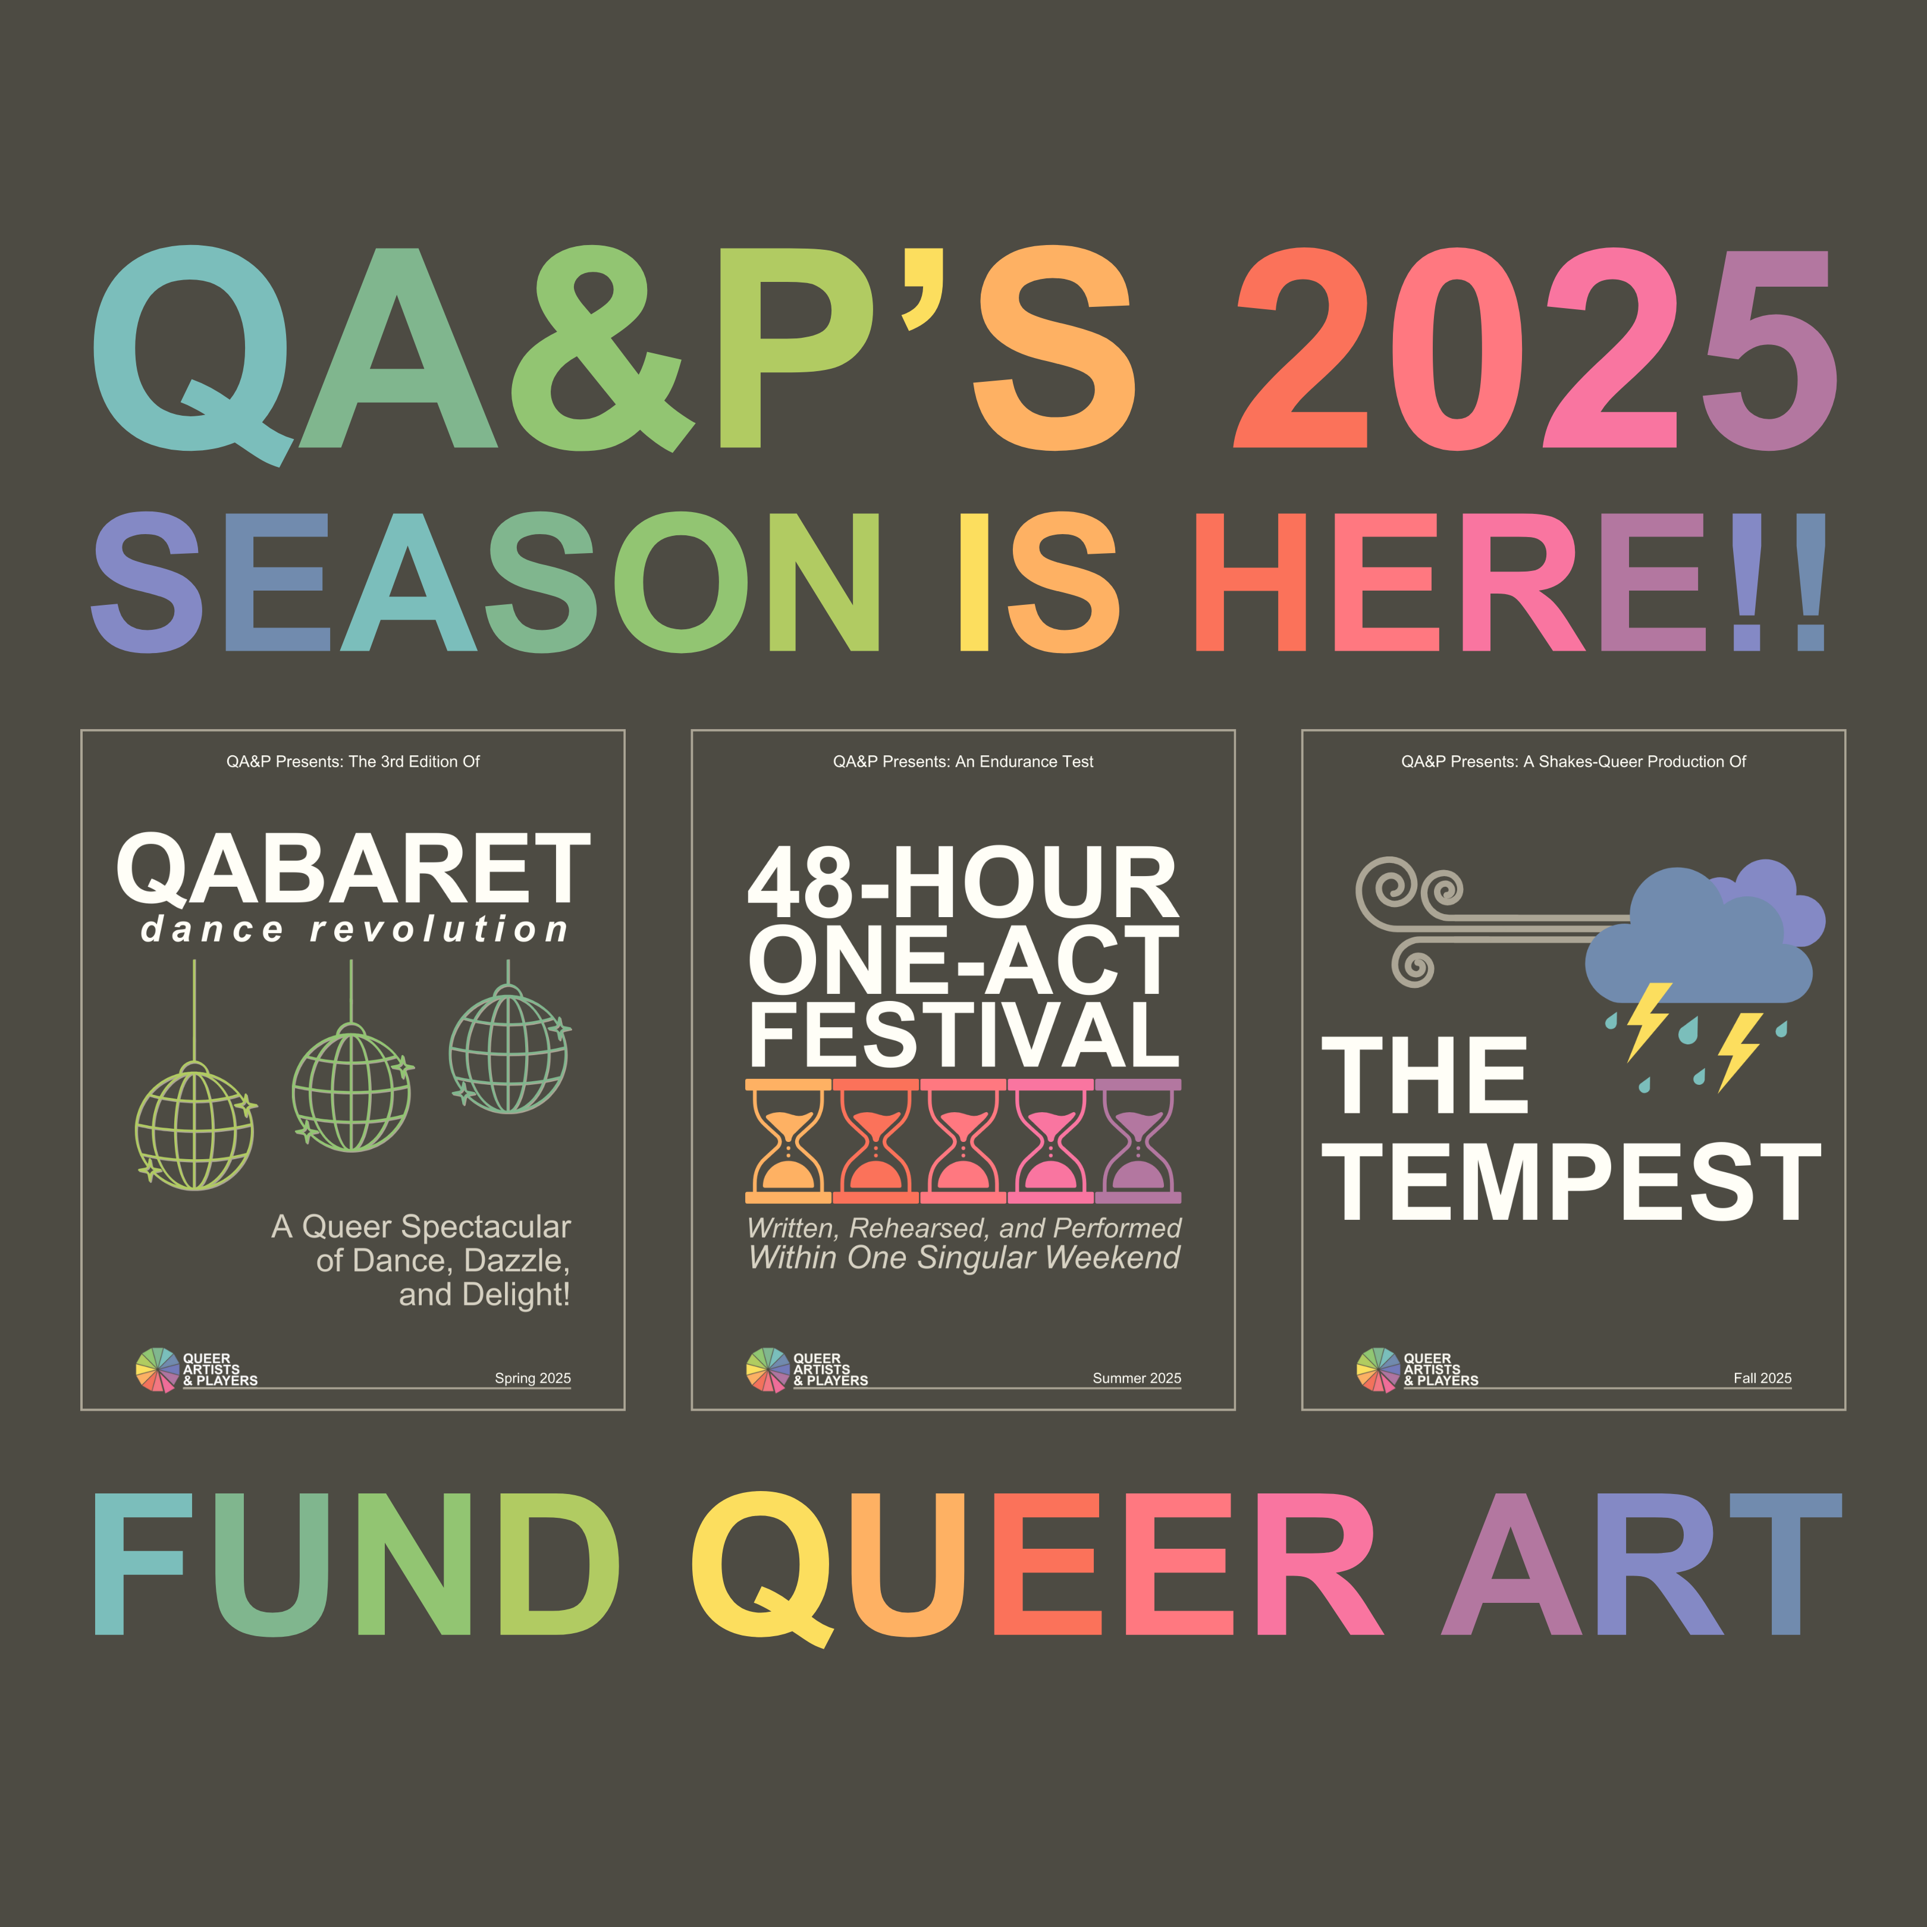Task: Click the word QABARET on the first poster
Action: (353, 868)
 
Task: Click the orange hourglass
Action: (788, 1140)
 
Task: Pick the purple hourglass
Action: (1138, 1140)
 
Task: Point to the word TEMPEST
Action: (1571, 1181)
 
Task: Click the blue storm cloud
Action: (1696, 943)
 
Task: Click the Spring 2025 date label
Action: (533, 1377)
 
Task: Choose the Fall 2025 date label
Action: (1762, 1377)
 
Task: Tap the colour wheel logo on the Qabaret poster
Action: (156, 1369)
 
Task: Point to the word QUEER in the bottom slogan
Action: (1037, 1564)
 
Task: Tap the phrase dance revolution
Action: (354, 930)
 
